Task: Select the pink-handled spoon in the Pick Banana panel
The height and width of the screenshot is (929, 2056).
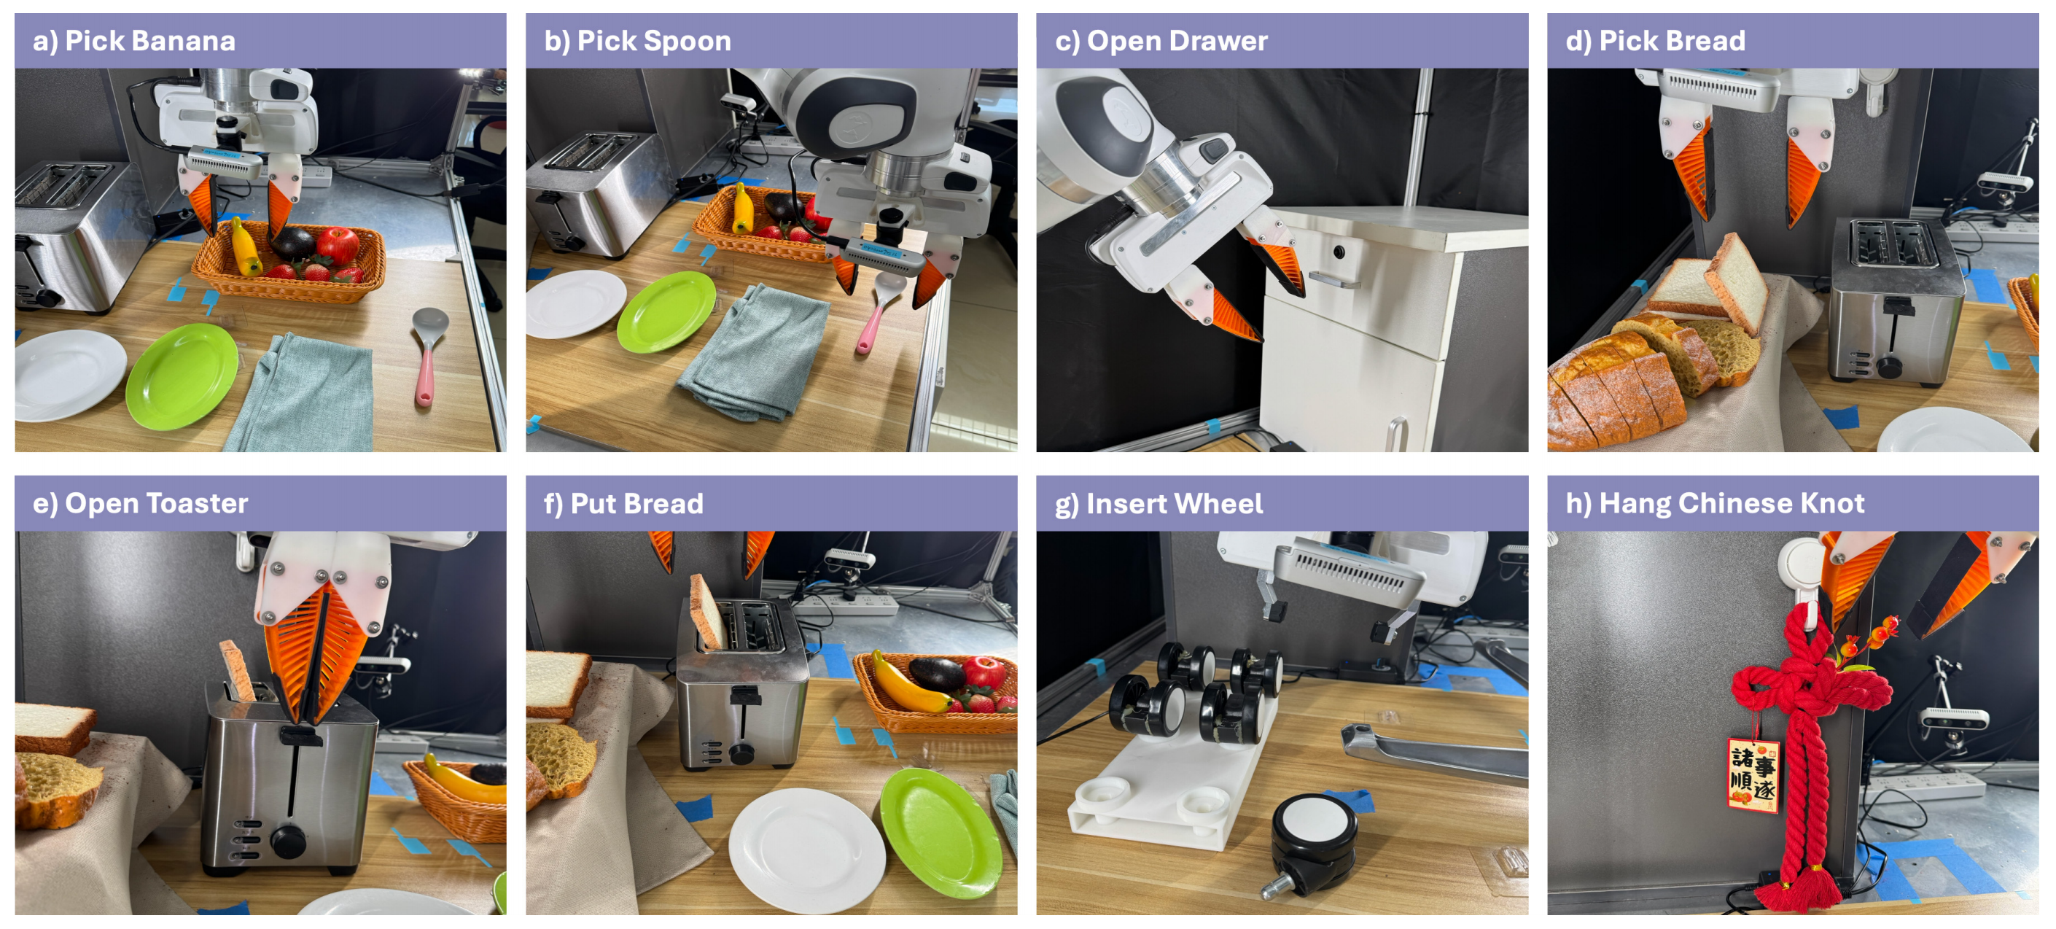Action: [x=428, y=355]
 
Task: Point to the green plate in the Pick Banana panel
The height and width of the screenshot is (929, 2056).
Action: [x=182, y=376]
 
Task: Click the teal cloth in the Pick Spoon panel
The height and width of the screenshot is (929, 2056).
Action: [x=755, y=351]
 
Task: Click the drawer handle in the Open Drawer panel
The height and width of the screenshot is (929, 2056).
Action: [x=1333, y=280]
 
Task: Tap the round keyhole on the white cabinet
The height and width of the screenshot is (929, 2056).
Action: [x=1339, y=252]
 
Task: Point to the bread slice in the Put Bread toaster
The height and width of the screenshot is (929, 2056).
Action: [x=706, y=610]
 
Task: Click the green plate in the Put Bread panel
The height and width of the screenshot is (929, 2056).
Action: [x=941, y=831]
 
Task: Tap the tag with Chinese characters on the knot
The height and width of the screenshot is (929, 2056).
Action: [x=1753, y=775]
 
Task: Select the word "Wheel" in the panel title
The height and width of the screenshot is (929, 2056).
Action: [x=1219, y=504]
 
